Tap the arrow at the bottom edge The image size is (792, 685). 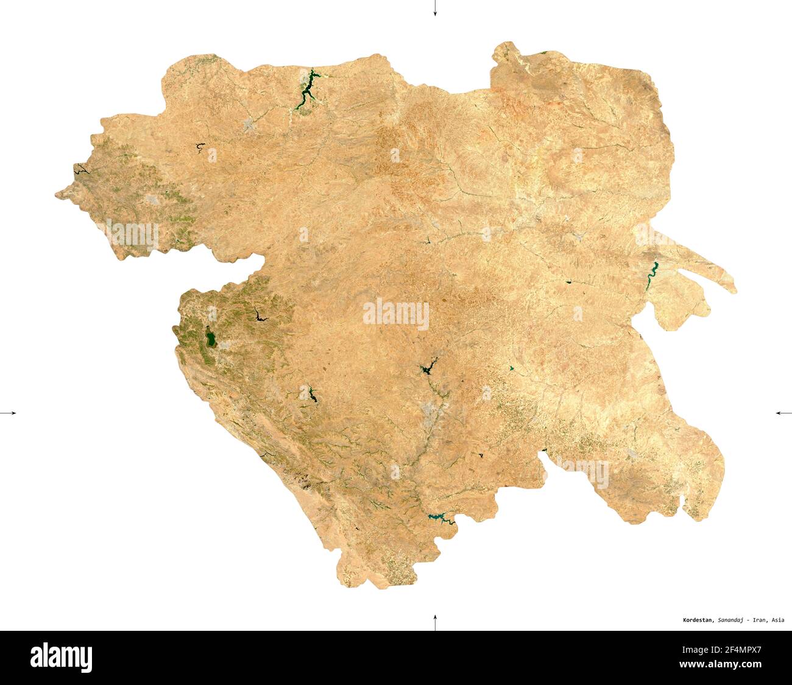click(x=435, y=622)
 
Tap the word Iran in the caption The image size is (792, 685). click(x=759, y=620)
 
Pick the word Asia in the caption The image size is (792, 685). click(x=777, y=620)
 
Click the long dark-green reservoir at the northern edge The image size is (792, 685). click(x=306, y=90)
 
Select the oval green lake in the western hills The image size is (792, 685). click(x=210, y=338)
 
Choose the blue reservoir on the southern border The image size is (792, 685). click(x=440, y=518)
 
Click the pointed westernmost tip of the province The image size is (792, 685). click(x=57, y=195)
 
